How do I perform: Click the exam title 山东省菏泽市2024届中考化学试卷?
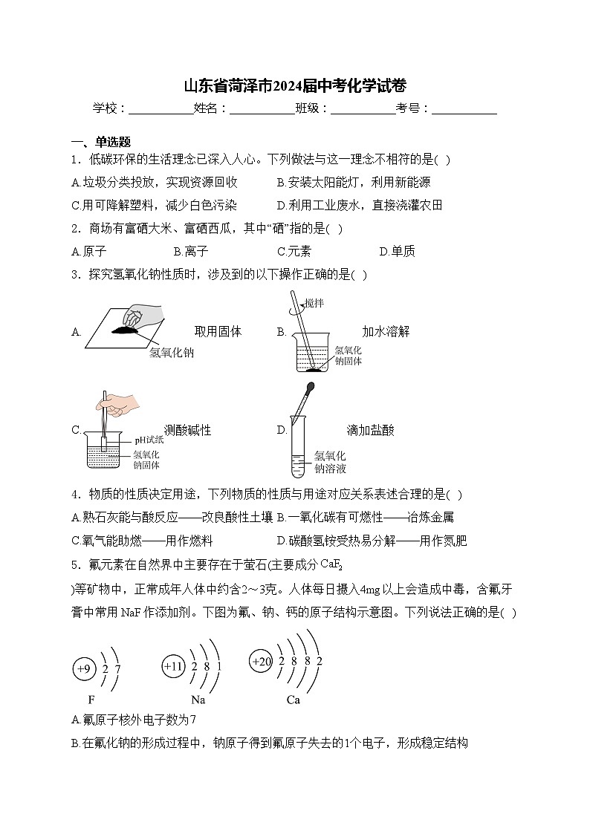(x=294, y=85)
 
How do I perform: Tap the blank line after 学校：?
(x=161, y=110)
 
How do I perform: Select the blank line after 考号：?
(x=464, y=110)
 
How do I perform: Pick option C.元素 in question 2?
(x=294, y=251)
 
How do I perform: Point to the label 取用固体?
(x=218, y=331)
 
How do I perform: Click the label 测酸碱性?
(x=187, y=430)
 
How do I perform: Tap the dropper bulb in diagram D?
(x=308, y=390)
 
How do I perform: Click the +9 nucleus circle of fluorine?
(x=84, y=669)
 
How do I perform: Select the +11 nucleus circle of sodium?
(x=172, y=667)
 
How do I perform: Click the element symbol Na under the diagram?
(x=198, y=700)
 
